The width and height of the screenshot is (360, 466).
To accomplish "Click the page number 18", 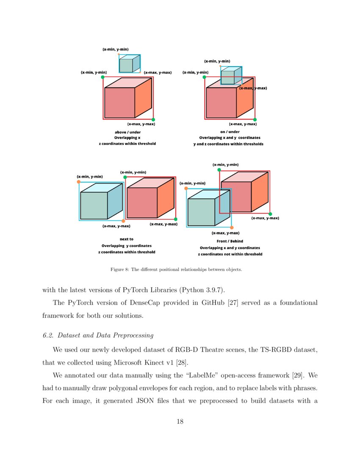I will click(180, 422).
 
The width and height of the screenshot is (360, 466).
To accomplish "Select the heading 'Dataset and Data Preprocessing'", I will click(105, 336).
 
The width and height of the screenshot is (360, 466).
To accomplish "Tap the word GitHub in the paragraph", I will click(238, 303).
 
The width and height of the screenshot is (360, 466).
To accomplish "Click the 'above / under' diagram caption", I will click(127, 132).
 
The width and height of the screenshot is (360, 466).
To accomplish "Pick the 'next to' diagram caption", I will click(126, 239).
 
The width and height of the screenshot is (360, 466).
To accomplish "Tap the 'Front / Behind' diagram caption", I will click(230, 241).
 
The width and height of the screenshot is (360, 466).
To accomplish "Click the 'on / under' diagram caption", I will click(230, 132).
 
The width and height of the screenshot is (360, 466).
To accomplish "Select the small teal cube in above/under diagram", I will click(129, 64).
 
